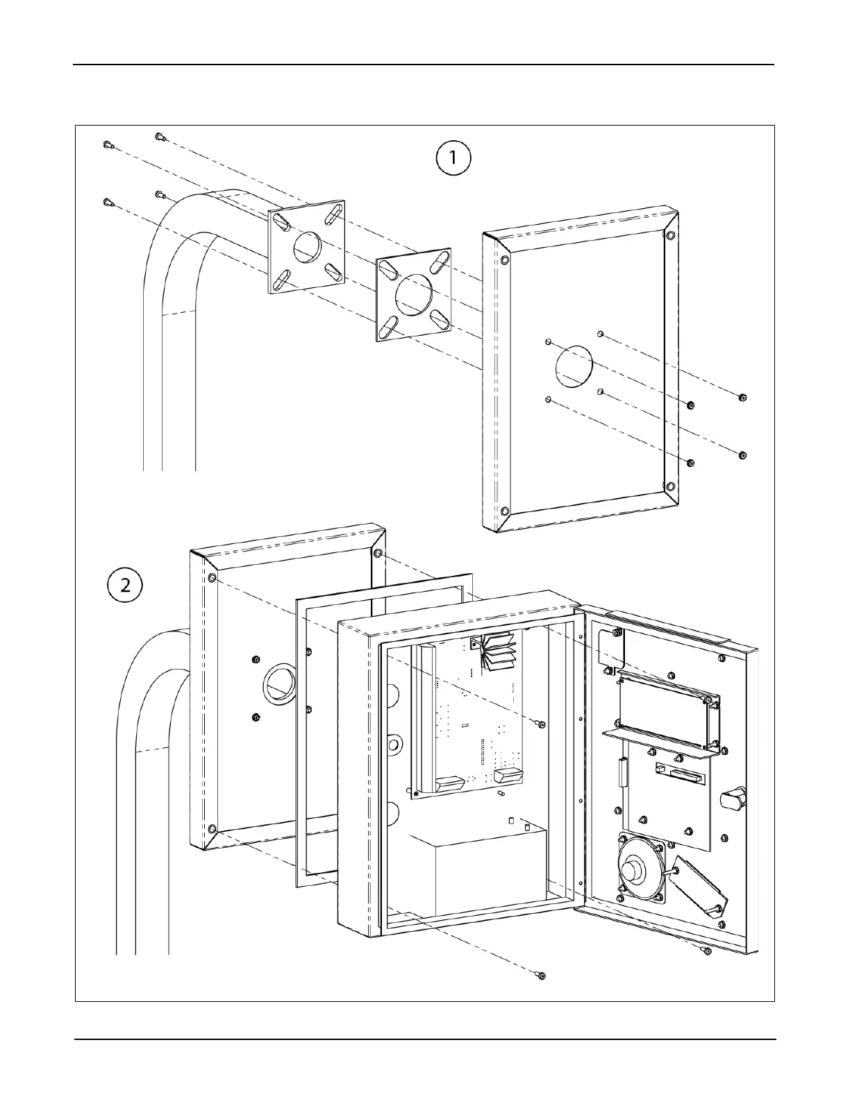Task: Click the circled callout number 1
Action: point(453,158)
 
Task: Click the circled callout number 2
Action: point(125,585)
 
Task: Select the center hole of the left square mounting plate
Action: point(306,247)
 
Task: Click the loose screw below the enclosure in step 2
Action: point(542,976)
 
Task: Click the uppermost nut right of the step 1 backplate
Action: point(742,398)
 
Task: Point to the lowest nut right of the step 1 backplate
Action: point(690,462)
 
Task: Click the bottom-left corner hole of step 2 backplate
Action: point(212,828)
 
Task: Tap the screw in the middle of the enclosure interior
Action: point(542,724)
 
